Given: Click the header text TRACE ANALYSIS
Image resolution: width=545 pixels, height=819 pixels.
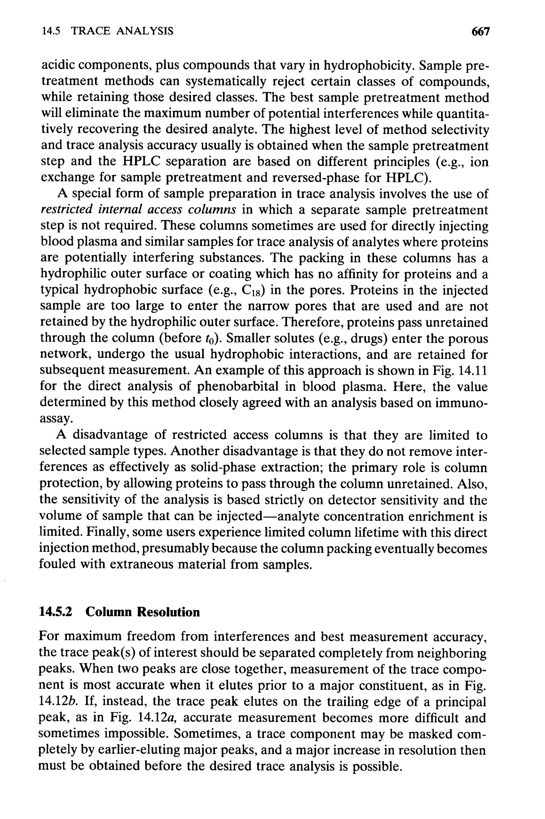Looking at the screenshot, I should pyautogui.click(x=122, y=31).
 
